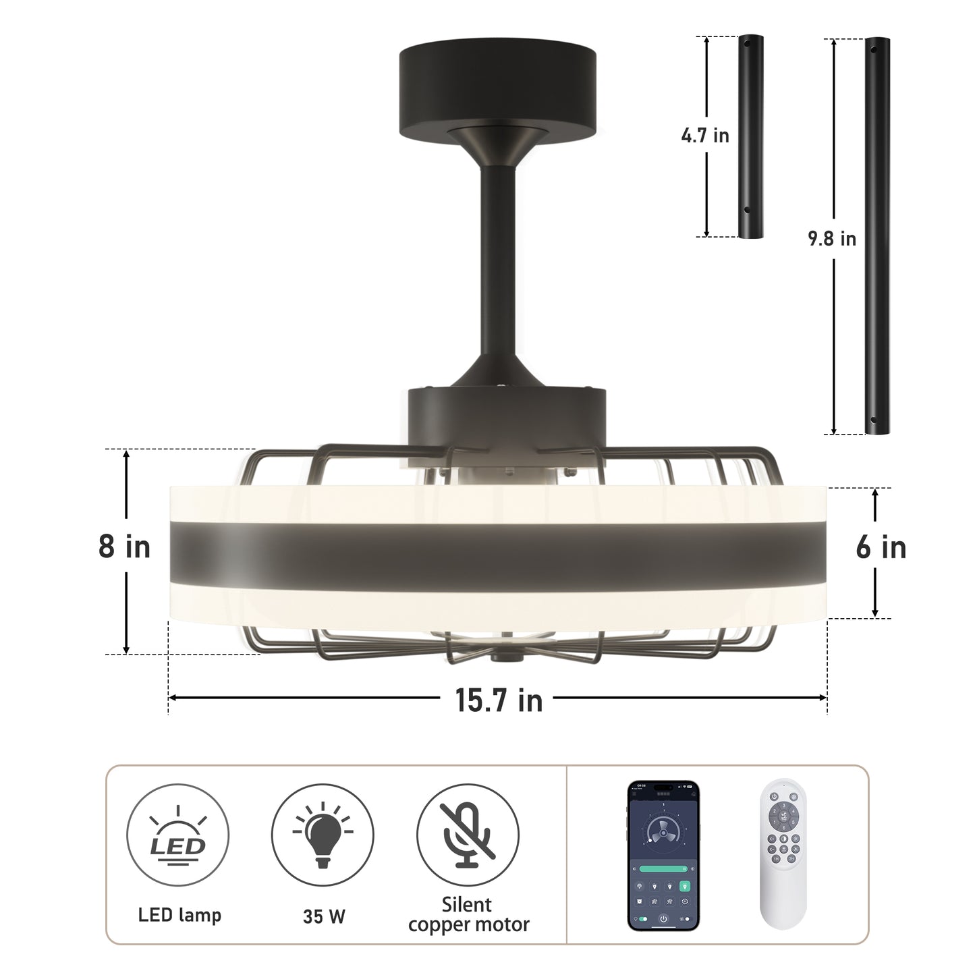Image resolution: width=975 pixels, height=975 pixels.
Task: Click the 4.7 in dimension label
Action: pos(705,136)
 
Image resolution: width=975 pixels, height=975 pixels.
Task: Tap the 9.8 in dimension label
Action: pos(832,239)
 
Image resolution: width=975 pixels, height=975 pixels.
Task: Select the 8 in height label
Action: pos(124,547)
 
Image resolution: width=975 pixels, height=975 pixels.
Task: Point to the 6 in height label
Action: pos(881,547)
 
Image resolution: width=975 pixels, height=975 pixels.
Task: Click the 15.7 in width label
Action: pos(499,700)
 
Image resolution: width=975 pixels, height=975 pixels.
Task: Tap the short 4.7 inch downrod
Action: pos(750,137)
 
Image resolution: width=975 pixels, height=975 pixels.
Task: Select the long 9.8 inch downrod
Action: pos(877,235)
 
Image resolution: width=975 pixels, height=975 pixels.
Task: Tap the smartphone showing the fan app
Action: pos(664,856)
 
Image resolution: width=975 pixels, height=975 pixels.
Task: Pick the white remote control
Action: pos(783,856)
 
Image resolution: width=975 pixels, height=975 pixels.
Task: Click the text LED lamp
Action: pos(179,915)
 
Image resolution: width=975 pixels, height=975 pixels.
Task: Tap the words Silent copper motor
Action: pos(468,914)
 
